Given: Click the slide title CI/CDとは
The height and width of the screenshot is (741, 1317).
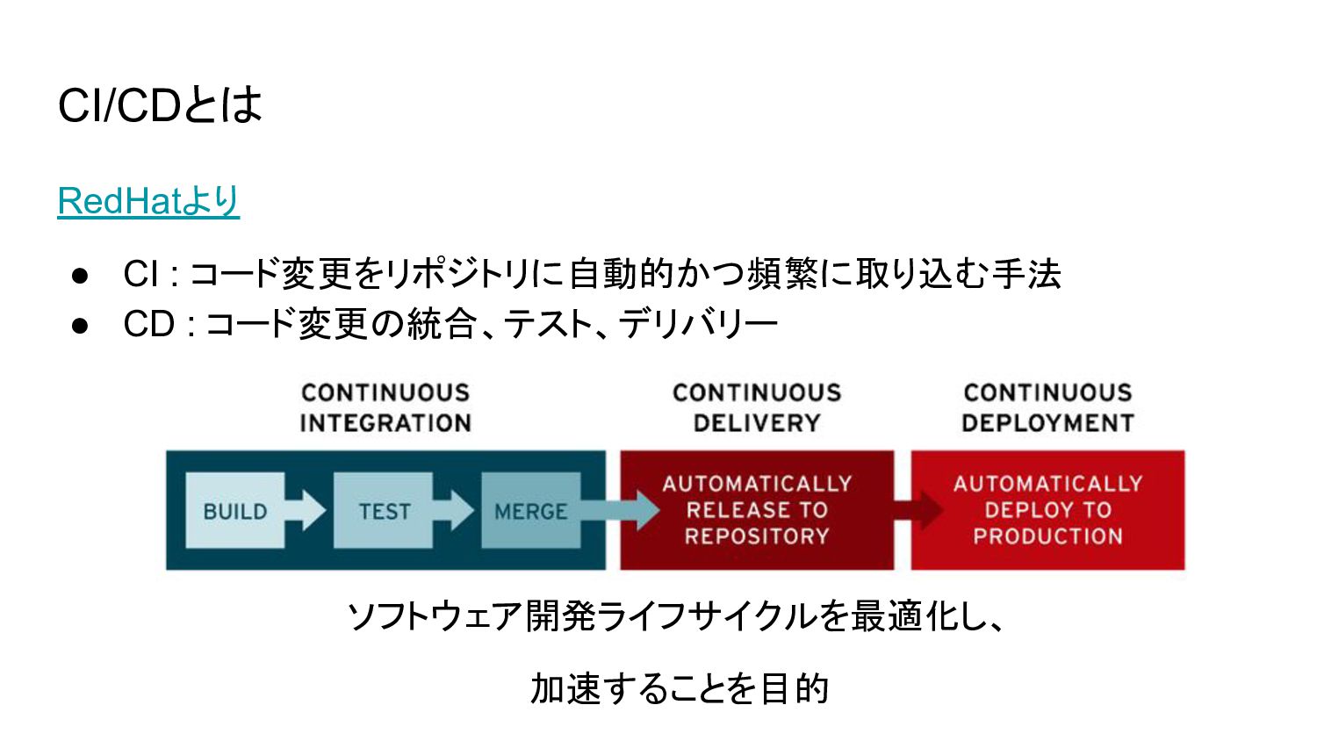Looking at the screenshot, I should tap(160, 104).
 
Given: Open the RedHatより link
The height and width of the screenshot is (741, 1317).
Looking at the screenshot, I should tap(148, 201).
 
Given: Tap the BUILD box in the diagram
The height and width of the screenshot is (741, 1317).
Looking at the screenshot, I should tap(235, 511).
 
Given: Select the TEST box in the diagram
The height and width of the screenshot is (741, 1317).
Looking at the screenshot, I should tap(384, 511).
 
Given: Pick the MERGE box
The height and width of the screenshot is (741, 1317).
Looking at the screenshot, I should tap(530, 511).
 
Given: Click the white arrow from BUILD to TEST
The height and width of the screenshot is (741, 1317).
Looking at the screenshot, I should tap(306, 510).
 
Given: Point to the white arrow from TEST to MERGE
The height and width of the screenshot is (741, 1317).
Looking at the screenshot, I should tap(454, 510).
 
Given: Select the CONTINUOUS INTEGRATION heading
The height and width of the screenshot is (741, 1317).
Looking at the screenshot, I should tap(385, 407).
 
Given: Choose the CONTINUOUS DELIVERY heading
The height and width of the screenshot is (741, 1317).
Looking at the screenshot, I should tap(757, 407).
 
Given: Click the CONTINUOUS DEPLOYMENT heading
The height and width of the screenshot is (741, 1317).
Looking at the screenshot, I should tap(1047, 407).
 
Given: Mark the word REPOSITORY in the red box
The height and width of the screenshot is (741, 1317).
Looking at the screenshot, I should tap(757, 536).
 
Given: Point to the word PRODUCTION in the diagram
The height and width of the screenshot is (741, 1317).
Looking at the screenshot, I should tap(1047, 536).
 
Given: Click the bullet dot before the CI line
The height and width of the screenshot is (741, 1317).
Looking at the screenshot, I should tap(81, 276).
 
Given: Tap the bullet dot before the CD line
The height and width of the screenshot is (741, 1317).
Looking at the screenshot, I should tap(81, 326).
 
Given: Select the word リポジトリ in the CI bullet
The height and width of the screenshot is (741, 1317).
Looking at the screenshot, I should tap(457, 274).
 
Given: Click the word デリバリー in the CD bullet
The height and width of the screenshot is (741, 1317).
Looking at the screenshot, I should tap(698, 325).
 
